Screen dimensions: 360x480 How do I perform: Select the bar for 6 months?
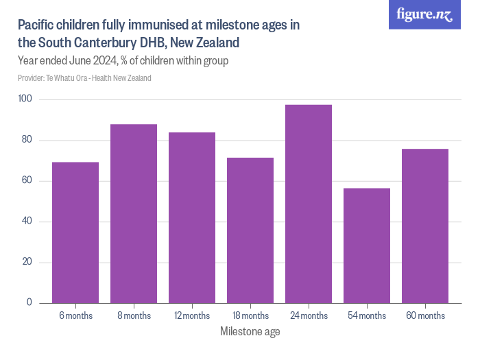click(75, 233)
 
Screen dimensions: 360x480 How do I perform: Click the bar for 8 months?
click(134, 214)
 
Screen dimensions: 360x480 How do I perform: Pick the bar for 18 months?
click(250, 230)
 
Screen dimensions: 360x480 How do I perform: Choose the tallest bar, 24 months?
click(309, 204)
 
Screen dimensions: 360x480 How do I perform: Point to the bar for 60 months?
click(425, 226)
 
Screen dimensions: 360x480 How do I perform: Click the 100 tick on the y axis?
click(25, 99)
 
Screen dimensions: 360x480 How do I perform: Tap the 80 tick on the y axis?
click(27, 140)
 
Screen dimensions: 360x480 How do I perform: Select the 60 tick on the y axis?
click(27, 181)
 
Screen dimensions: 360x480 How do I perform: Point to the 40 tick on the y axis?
click(27, 221)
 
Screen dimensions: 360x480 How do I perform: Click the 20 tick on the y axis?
click(27, 262)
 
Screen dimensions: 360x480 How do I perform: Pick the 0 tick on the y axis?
click(29, 302)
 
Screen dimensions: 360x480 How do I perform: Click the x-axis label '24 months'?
click(309, 316)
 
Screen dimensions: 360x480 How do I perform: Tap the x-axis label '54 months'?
click(367, 316)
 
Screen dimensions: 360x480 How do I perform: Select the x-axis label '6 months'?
click(75, 316)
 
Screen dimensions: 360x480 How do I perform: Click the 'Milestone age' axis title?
click(250, 332)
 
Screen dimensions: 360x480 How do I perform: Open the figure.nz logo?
click(424, 15)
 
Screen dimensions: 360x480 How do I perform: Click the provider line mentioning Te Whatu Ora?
click(84, 78)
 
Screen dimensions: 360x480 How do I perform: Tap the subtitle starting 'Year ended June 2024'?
click(123, 61)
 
